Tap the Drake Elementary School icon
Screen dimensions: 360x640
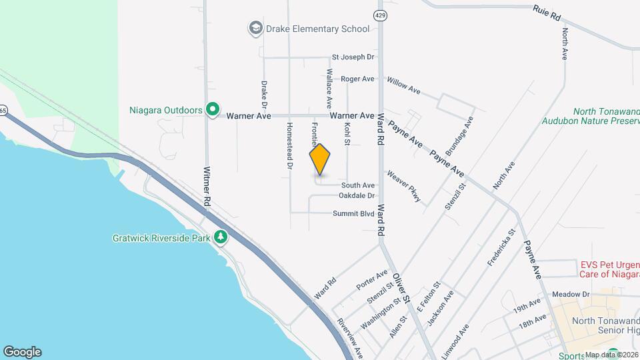(255, 29)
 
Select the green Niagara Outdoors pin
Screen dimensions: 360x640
(213, 109)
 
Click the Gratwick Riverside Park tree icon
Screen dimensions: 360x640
(220, 237)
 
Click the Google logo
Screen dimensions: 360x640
(22, 352)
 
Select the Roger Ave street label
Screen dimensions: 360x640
(358, 79)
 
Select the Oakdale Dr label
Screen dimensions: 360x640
(357, 195)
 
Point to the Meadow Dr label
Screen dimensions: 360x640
(571, 294)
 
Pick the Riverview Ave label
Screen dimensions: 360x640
(349, 336)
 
